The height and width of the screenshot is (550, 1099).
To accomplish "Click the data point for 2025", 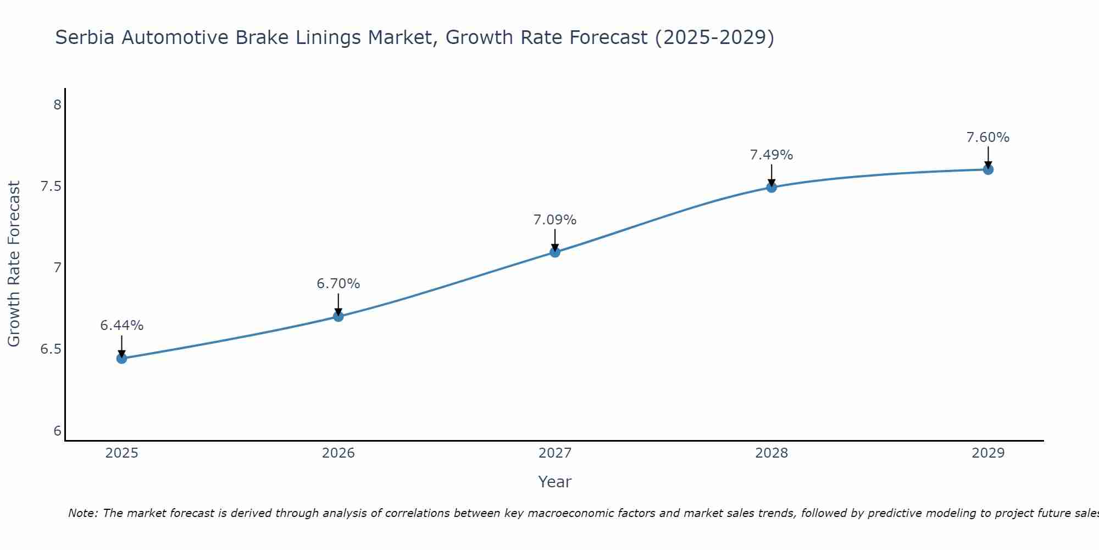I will pos(121,359).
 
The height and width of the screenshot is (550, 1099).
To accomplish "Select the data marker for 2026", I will pos(338,316).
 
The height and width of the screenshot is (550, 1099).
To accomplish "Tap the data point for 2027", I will pos(555,252).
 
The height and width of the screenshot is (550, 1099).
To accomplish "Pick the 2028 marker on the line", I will pos(771,188).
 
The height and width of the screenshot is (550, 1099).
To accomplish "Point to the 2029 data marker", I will pos(988,169).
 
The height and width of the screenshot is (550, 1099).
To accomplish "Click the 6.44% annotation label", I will pos(121,326).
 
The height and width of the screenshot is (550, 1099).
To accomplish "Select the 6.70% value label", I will pos(338,284).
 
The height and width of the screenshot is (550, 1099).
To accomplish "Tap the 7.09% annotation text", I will pos(555,220).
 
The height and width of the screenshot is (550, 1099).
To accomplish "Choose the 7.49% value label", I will pos(771,155).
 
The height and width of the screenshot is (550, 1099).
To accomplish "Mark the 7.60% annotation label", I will pos(988,137).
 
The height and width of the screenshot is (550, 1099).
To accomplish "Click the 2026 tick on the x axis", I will pos(338,453).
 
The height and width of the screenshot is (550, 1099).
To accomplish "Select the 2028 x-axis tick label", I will pos(771,453).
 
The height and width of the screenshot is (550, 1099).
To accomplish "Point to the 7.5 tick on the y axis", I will pos(51,186).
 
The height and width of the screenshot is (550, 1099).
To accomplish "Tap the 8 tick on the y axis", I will pos(57,105).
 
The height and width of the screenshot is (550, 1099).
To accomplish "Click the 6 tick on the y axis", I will pos(57,431).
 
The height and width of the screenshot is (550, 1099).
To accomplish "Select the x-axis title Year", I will pos(555,482).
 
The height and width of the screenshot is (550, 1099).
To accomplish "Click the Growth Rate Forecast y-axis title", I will pos(14,264).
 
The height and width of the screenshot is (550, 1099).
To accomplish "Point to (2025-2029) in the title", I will pos(714,37).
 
